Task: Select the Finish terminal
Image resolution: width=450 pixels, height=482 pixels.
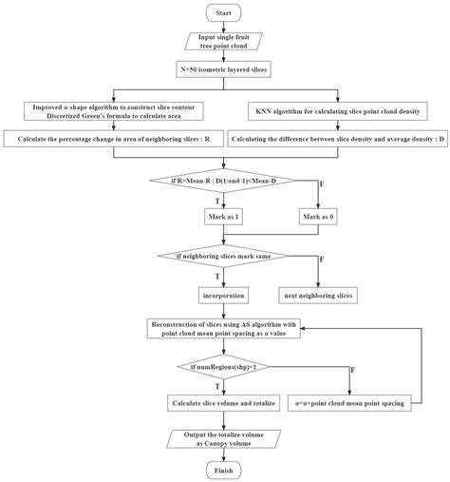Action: (225, 470)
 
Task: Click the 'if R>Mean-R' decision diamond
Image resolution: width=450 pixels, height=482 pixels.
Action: (225, 182)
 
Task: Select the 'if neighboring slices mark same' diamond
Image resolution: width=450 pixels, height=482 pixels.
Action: (225, 257)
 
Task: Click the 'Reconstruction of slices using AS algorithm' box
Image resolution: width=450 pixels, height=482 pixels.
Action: (225, 329)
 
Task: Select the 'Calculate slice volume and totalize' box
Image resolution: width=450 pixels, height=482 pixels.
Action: (225, 403)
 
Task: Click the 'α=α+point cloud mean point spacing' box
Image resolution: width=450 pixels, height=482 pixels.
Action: (350, 403)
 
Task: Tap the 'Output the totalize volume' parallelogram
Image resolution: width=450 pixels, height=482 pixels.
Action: (225, 438)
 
